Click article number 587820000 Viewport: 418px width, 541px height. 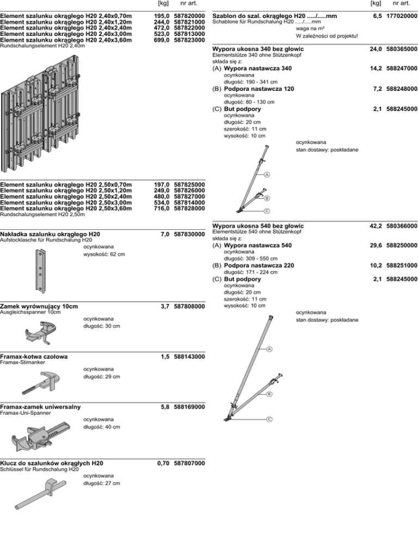coord(189,16)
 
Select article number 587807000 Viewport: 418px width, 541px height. coord(189,463)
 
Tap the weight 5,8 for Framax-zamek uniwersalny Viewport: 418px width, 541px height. coord(165,407)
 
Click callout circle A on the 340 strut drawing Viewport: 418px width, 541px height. coord(268,174)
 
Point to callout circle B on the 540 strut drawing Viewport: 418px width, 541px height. coord(268,394)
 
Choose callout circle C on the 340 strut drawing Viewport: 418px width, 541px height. coord(268,211)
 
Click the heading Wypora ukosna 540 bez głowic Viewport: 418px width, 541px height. coord(258,226)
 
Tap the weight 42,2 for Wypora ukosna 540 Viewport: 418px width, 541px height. coord(375,226)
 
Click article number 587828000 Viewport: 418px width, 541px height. coord(189,208)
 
